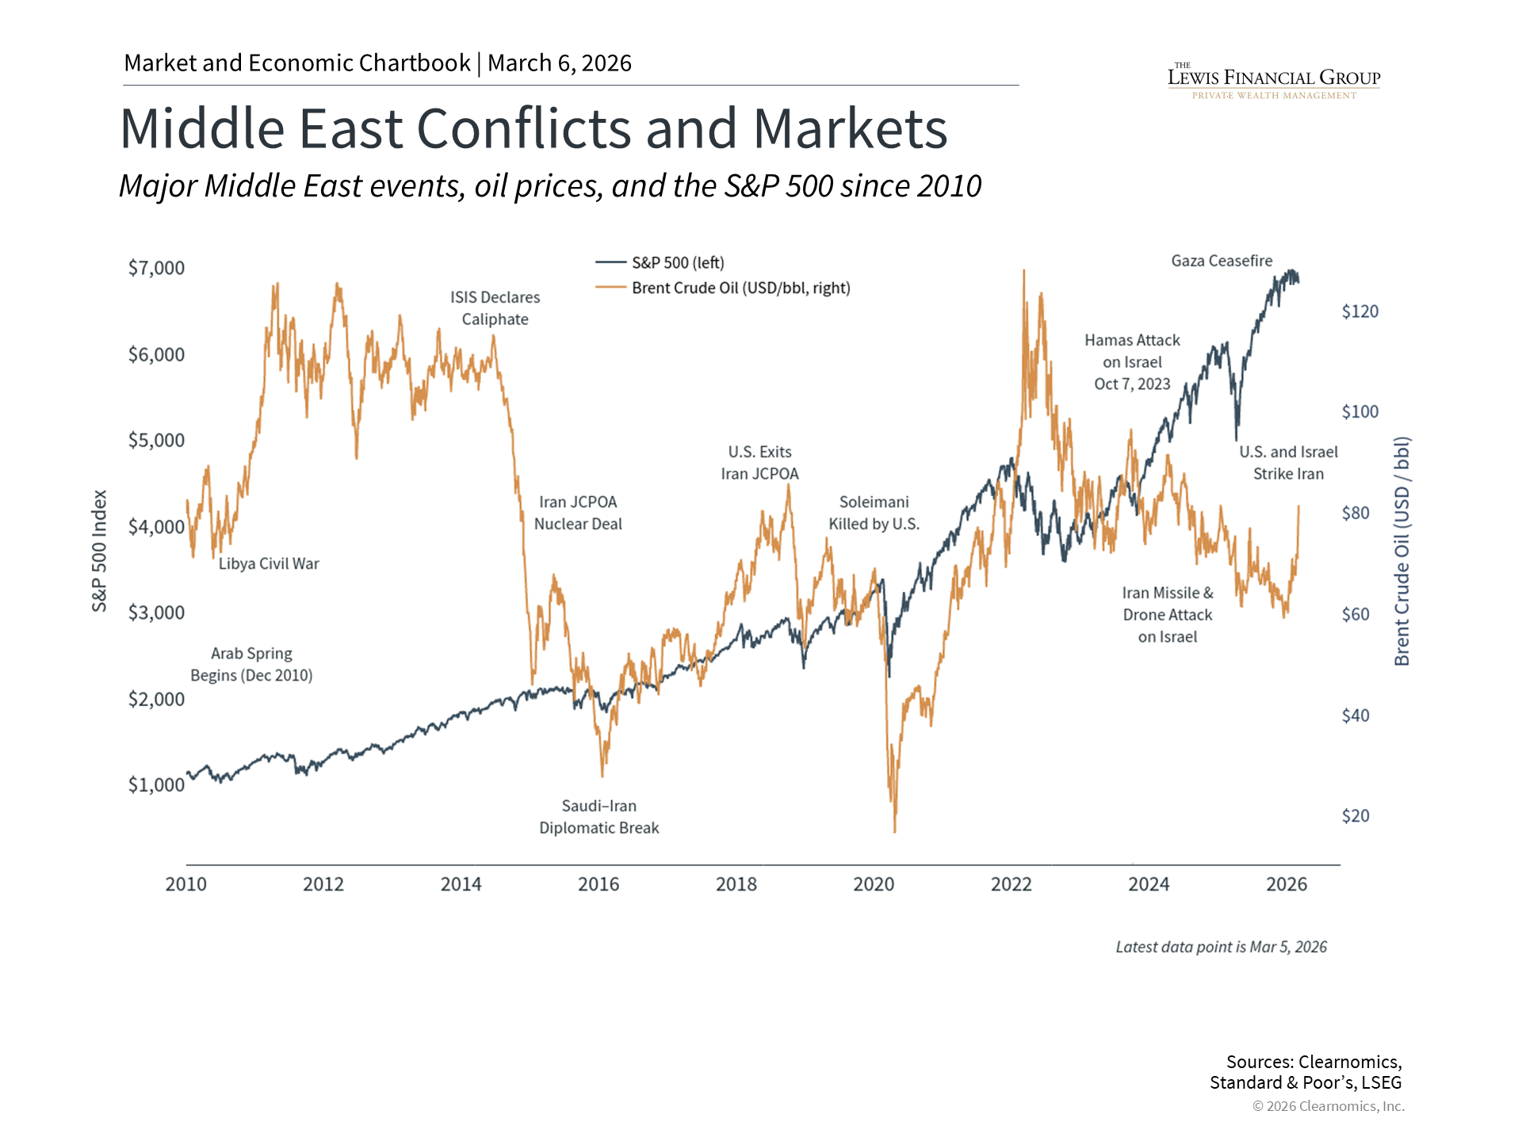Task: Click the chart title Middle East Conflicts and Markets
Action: point(533,129)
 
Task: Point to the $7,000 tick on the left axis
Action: point(156,268)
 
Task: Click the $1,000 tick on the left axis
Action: point(156,784)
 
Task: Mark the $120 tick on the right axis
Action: point(1359,311)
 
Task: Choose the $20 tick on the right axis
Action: point(1355,816)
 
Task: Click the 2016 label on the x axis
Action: point(598,884)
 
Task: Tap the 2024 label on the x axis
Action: point(1149,884)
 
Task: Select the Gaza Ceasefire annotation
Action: point(1222,261)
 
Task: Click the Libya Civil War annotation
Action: point(269,563)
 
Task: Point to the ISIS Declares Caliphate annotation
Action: point(495,308)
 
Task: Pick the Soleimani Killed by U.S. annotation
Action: point(874,513)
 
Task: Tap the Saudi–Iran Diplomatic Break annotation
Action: point(598,817)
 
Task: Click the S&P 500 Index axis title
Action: point(99,551)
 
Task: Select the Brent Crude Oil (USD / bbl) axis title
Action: point(1402,551)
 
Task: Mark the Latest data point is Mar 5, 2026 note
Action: point(1221,947)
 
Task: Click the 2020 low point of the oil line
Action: point(895,831)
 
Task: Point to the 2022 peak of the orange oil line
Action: point(1023,271)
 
